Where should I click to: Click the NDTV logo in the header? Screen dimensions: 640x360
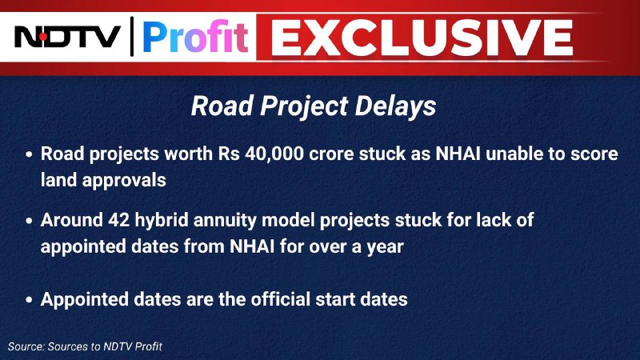click(68, 37)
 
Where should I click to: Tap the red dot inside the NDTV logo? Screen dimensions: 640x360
click(43, 37)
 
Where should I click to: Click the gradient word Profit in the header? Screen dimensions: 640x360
click(195, 37)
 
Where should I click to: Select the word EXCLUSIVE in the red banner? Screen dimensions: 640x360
click(422, 38)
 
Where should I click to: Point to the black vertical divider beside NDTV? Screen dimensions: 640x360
click(132, 36)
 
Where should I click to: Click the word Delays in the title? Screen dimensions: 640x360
click(395, 106)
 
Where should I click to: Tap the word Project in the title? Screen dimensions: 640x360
click(303, 107)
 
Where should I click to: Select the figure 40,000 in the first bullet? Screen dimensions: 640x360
click(274, 154)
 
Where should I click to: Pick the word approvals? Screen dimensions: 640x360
click(124, 181)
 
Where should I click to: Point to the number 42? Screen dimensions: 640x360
click(118, 221)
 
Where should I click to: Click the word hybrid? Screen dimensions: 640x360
click(162, 221)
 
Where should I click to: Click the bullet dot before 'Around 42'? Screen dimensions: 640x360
click(29, 222)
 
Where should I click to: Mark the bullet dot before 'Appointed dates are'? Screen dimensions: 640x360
click(29, 300)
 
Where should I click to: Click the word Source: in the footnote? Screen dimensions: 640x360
click(26, 346)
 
